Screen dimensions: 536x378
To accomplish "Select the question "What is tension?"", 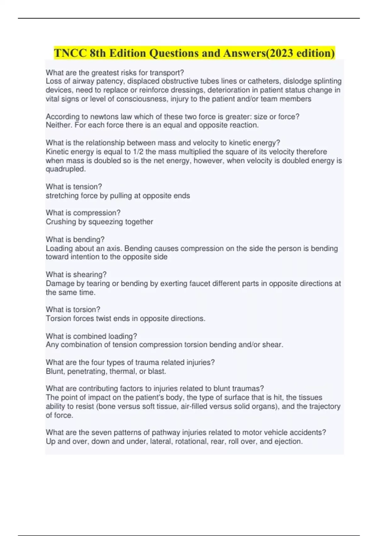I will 74,187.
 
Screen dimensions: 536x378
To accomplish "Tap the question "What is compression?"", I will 83,213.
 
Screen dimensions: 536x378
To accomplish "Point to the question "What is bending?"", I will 75,239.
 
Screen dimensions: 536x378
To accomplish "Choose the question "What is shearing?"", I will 76,274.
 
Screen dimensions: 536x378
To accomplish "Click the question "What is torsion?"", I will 73,309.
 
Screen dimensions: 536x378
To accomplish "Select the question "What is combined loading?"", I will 91,336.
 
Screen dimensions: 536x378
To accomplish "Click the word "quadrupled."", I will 66,169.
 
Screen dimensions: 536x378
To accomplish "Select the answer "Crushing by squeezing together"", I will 100,222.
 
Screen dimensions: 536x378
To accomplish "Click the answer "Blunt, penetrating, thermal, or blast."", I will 106,371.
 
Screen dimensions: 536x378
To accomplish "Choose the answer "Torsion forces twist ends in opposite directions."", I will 125,318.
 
